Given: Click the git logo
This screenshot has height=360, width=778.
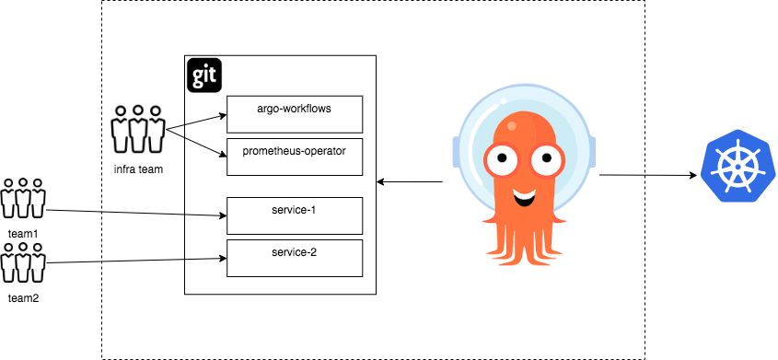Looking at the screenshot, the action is click(204, 75).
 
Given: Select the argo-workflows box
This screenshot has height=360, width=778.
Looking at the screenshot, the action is click(295, 114).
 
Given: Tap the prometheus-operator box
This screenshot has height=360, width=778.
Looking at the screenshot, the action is click(295, 157).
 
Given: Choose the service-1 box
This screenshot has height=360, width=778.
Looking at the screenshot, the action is click(295, 215).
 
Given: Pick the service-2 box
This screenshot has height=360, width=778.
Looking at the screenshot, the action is click(295, 259).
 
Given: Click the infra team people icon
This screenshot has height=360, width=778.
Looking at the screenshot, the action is click(138, 129).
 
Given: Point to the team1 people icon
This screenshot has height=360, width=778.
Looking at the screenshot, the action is click(23, 198).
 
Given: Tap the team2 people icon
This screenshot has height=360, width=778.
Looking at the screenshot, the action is click(23, 261).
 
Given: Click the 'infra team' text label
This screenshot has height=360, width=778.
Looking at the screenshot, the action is click(138, 169).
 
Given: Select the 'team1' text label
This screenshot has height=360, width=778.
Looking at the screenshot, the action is click(23, 234).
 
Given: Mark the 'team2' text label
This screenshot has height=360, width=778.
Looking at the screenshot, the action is click(23, 298).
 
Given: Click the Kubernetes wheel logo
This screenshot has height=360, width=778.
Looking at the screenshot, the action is click(737, 165).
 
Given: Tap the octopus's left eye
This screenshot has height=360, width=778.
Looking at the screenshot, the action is click(502, 158).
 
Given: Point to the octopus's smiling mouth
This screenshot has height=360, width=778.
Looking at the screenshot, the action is click(525, 197).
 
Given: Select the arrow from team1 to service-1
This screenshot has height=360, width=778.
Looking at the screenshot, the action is click(136, 213).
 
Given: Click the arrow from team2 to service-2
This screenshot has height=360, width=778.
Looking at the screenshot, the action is click(136, 261).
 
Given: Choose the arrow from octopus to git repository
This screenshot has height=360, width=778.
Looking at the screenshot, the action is click(410, 182).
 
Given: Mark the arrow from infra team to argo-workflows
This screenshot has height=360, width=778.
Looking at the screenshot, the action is click(196, 122).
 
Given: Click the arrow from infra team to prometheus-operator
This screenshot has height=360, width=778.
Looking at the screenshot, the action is click(196, 145).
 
